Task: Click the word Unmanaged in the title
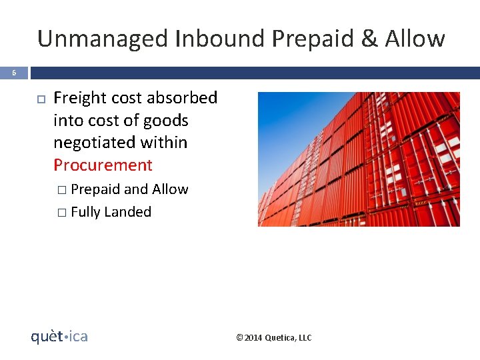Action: (103, 39)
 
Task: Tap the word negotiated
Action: (96, 143)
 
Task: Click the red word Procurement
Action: (103, 165)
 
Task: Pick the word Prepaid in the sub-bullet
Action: (95, 190)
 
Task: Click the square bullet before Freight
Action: (39, 99)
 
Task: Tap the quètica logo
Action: (59, 337)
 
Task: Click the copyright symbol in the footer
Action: (239, 338)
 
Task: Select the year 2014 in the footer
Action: (253, 338)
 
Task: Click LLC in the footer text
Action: (304, 338)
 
